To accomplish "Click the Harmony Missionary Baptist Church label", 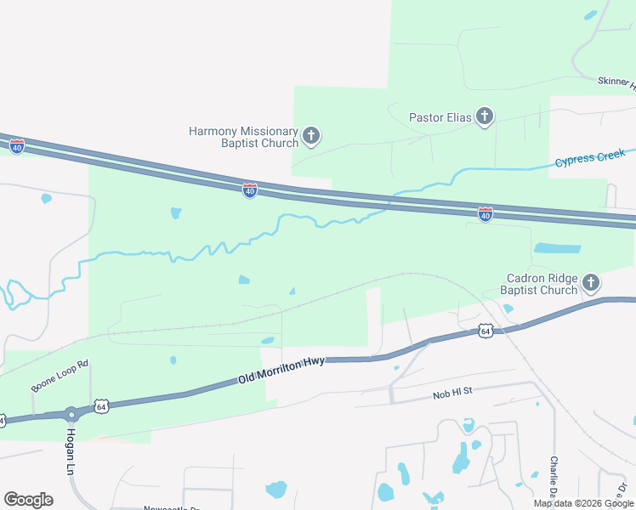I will pyautogui.click(x=243, y=137).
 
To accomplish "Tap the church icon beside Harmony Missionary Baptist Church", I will pyautogui.click(x=311, y=135).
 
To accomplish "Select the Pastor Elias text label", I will pyautogui.click(x=440, y=117).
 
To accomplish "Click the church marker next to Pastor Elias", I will pyautogui.click(x=485, y=116).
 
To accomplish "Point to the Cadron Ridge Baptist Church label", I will pyautogui.click(x=542, y=284).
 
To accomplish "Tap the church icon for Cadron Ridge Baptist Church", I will pyautogui.click(x=592, y=283).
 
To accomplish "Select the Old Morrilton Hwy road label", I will pyautogui.click(x=281, y=371).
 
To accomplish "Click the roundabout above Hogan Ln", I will pyautogui.click(x=71, y=415).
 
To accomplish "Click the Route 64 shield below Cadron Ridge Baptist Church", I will pyautogui.click(x=485, y=330).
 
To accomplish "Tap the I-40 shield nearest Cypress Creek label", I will pyautogui.click(x=485, y=215).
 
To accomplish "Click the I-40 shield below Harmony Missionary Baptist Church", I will pyautogui.click(x=249, y=191).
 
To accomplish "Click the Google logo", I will pyautogui.click(x=28, y=500).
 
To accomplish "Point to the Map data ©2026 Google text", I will pyautogui.click(x=584, y=503).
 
